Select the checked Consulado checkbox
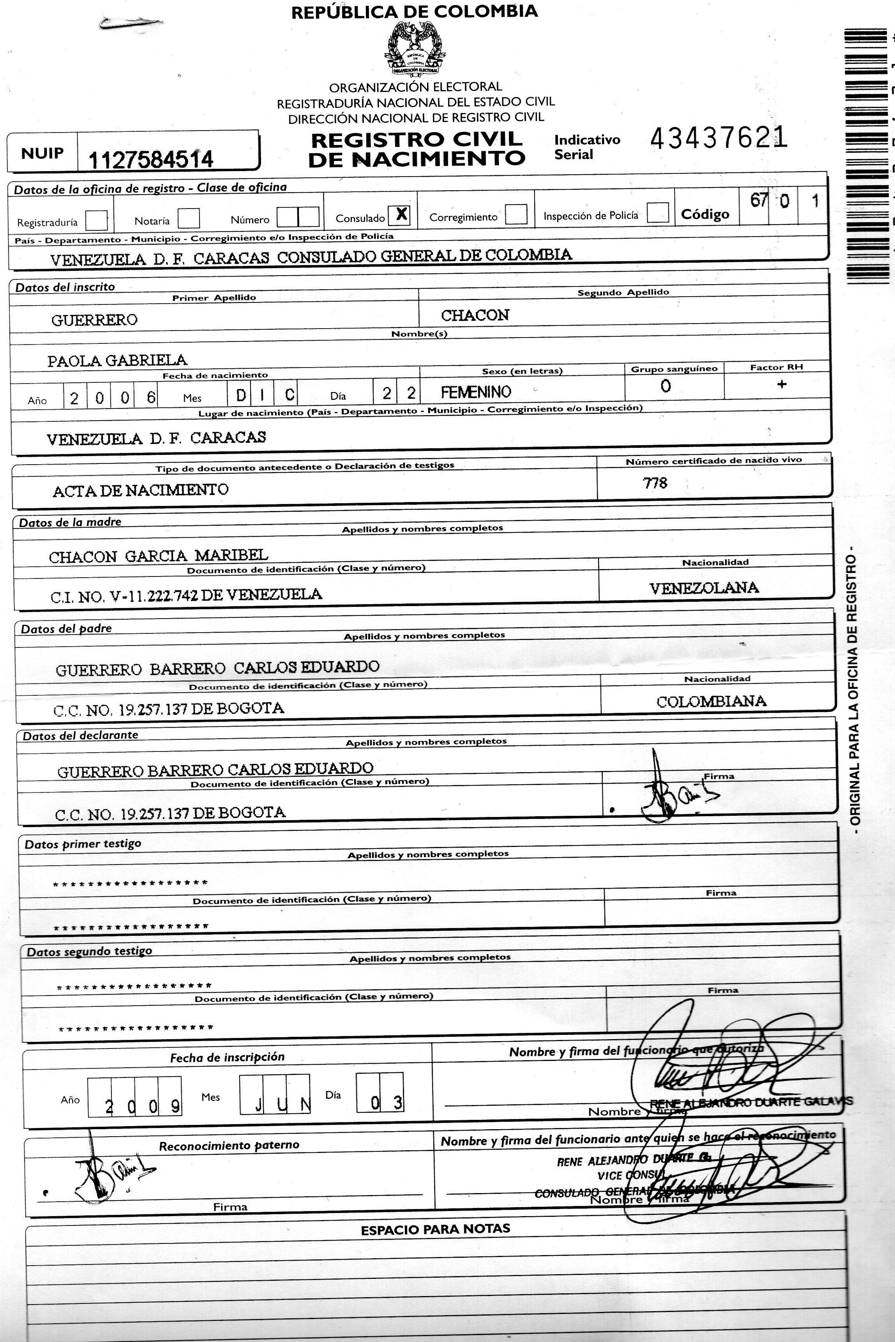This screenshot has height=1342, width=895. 399,215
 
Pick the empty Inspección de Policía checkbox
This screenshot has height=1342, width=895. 658,213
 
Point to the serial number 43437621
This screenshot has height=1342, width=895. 718,138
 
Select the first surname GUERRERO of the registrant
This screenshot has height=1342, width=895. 95,320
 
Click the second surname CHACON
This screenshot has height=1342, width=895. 475,315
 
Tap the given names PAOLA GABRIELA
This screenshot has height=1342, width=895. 117,360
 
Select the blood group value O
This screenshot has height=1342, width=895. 666,386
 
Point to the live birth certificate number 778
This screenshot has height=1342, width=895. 655,483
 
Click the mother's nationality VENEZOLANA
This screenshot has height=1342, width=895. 704,588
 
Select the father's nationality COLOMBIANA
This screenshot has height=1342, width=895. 711,702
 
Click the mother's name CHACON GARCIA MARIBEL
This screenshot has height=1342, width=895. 158,556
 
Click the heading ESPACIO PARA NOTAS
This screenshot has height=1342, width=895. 435,1229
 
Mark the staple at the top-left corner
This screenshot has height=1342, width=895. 129,23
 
